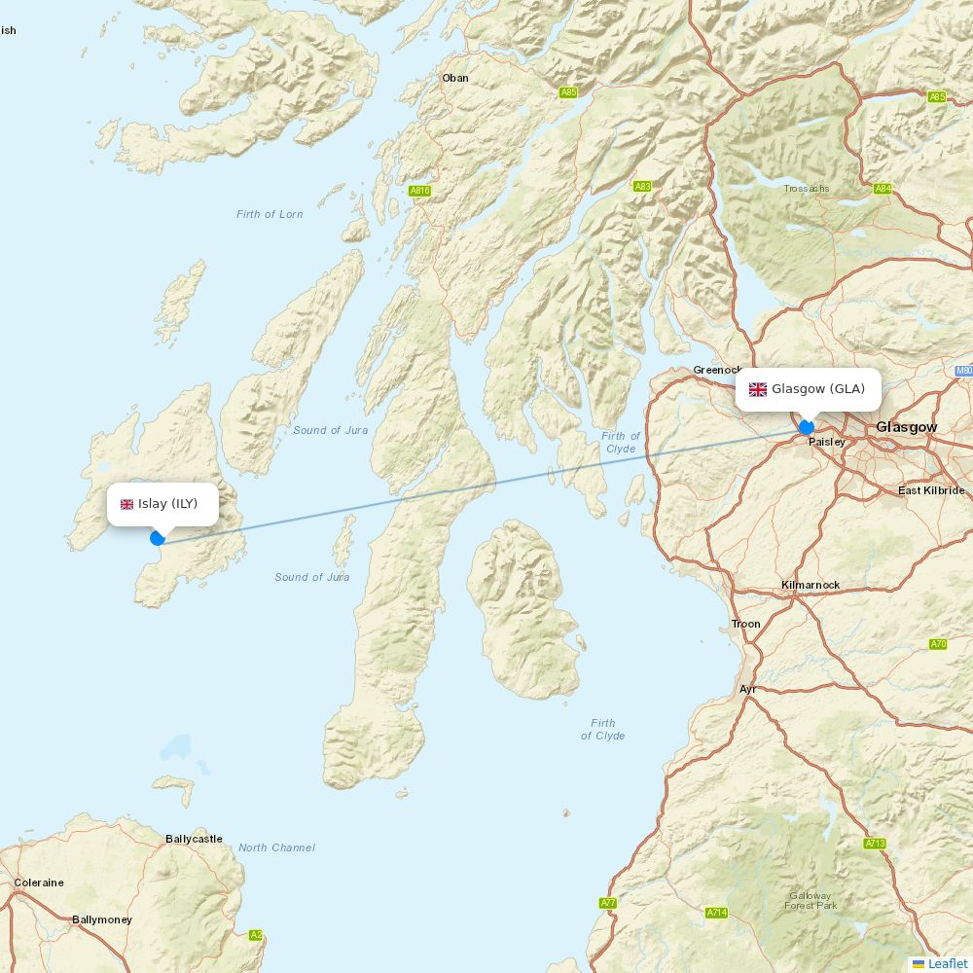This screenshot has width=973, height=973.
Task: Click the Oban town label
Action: tap(454, 78)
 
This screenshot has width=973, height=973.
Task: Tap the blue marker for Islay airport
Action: tap(158, 538)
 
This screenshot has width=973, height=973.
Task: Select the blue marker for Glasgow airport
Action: tap(806, 427)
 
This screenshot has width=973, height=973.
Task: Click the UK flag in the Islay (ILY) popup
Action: tap(126, 504)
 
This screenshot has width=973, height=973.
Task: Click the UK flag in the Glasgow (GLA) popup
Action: tap(757, 389)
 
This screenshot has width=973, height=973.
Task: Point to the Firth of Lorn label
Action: tap(270, 214)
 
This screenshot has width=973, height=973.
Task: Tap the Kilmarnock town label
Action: tap(811, 585)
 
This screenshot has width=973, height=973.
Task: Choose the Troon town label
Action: tap(746, 624)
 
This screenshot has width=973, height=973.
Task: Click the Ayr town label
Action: tap(747, 689)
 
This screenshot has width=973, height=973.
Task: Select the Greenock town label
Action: tap(717, 370)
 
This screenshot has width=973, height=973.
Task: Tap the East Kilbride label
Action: tap(931, 490)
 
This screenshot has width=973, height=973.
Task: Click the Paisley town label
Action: tap(827, 442)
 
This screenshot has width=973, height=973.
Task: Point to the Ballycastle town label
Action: tap(194, 839)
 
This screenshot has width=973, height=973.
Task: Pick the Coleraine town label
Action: tap(39, 883)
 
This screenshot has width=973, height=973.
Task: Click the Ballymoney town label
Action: tap(102, 919)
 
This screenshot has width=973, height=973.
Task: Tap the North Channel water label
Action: tap(276, 847)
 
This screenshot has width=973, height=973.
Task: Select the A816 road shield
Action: tap(419, 191)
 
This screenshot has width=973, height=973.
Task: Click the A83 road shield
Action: tap(642, 186)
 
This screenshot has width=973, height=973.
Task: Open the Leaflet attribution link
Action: tap(947, 963)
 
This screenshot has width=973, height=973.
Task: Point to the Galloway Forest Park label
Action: tap(811, 900)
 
